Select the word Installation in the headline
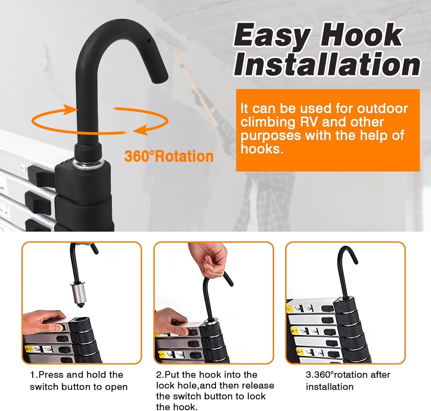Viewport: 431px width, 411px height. pos(327,64)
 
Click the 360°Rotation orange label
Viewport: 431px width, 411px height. pos(169,156)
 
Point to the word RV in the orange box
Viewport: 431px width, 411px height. pos(308,122)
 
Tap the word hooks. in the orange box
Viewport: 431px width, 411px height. pos(262,149)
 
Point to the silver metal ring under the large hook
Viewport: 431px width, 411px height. pos(88,163)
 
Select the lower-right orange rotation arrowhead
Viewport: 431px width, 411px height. pos(141,130)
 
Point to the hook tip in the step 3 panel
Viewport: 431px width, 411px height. pos(355,261)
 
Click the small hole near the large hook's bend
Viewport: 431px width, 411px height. pos(149,40)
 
